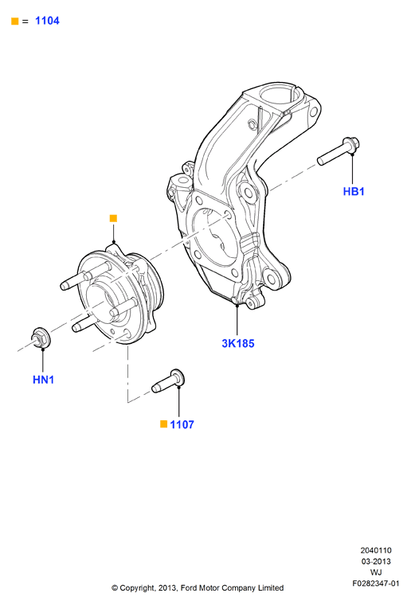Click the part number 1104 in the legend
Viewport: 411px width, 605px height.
[47, 21]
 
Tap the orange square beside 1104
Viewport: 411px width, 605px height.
[14, 21]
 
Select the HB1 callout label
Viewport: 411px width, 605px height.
[354, 191]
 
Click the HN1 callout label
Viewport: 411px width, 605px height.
[43, 380]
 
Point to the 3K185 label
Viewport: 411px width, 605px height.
[238, 343]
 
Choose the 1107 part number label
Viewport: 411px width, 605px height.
[182, 425]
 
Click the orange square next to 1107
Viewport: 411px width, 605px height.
[163, 424]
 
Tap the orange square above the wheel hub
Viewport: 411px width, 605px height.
[113, 218]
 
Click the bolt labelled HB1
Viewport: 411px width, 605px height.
[339, 151]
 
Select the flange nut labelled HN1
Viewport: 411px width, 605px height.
[40, 338]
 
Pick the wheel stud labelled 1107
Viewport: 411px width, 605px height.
[168, 381]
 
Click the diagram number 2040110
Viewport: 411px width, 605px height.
[376, 550]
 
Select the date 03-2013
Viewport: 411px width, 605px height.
[376, 561]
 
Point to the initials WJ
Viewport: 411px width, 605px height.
[376, 572]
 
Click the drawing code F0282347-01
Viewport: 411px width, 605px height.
[376, 584]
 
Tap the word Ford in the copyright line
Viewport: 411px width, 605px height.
[188, 588]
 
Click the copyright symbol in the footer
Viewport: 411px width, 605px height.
[115, 588]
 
